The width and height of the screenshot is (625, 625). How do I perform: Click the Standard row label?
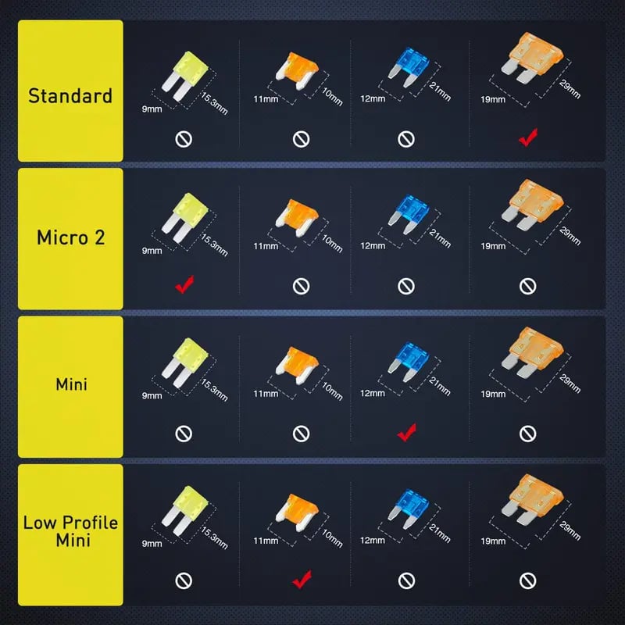click(70, 97)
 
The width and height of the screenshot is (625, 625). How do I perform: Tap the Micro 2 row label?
click(70, 237)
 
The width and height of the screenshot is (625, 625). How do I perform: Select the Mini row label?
click(70, 384)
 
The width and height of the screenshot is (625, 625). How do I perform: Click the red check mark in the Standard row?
click(527, 139)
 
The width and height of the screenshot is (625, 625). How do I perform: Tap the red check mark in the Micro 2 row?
click(184, 285)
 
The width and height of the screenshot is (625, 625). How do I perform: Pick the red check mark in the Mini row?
click(406, 432)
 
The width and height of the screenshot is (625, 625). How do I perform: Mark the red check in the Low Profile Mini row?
click(302, 579)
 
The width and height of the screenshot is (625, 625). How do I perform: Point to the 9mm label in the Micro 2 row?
click(150, 251)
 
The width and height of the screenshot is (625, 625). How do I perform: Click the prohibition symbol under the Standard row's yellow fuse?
click(184, 140)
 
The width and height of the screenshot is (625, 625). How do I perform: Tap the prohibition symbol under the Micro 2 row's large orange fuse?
click(528, 286)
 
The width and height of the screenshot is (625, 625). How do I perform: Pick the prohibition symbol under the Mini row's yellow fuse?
click(184, 433)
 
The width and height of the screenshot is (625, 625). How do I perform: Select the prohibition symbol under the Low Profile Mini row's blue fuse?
click(406, 580)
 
